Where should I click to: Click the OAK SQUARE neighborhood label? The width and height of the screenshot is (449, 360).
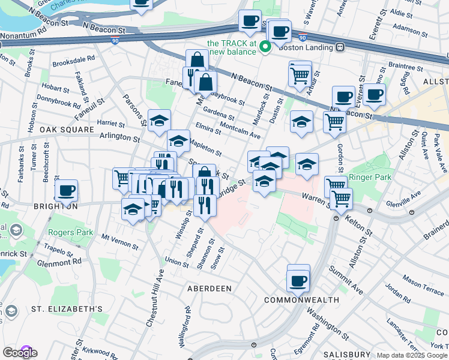67,130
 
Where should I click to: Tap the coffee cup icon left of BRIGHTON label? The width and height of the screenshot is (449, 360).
67,190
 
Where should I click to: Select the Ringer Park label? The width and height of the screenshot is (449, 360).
371,177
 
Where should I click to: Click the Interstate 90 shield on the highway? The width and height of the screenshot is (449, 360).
115,41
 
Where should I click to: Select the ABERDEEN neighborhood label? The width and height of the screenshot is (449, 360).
209,289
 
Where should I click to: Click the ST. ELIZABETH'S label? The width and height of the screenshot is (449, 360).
67,309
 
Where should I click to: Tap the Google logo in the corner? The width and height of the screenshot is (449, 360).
20,353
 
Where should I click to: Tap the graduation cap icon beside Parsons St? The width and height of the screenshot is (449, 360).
159,121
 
